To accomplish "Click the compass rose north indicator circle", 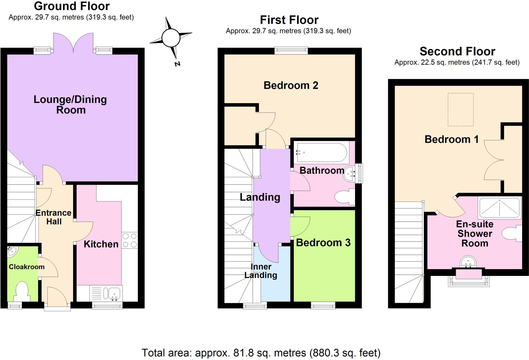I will click(x=171, y=38).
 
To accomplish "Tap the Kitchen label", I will click(x=101, y=244).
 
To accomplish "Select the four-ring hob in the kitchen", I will click(x=129, y=240).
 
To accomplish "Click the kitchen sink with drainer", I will click(x=106, y=293).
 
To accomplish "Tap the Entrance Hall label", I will click(x=53, y=217).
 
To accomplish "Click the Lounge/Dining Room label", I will click(x=70, y=105).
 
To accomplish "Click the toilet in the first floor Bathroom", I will click(x=344, y=197).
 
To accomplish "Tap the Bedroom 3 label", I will click(x=323, y=243).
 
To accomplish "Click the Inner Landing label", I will click(x=261, y=271).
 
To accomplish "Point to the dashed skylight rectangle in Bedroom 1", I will click(x=461, y=110).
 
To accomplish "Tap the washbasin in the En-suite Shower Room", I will click(x=468, y=262).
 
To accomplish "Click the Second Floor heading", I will click(x=457, y=51).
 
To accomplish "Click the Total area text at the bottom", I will click(x=261, y=353).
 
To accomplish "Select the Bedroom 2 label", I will click(x=291, y=85).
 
